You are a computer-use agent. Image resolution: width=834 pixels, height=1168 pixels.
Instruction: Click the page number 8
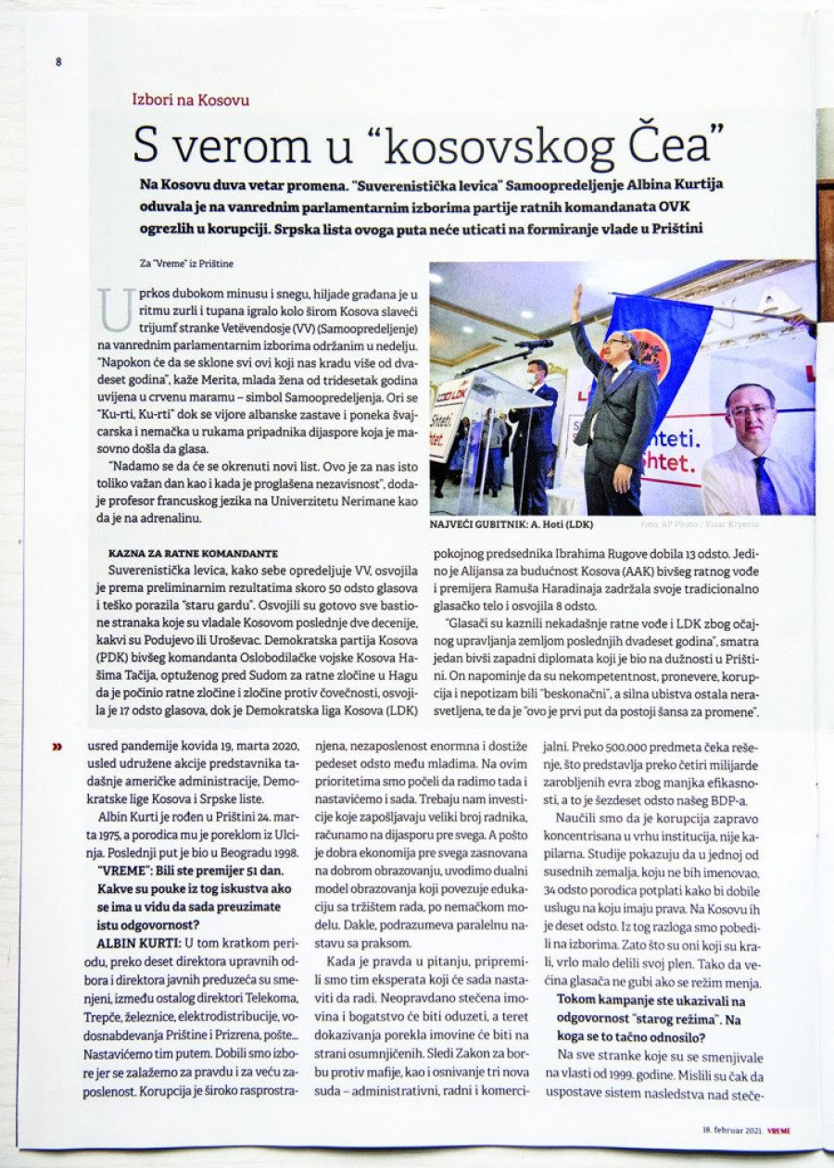[57, 62]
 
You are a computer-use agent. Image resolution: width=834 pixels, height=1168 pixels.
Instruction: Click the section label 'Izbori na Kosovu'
[191, 99]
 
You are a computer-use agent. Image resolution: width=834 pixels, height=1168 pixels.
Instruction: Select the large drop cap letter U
[115, 308]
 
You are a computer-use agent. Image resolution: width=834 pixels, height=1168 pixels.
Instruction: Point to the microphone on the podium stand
[535, 344]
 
